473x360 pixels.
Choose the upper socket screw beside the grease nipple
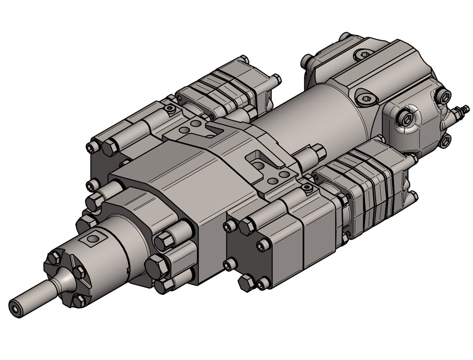[x=443, y=96]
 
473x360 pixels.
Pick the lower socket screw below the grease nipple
[x=444, y=140]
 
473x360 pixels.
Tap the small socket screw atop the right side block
[x=306, y=188]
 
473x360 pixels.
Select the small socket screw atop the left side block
[x=170, y=109]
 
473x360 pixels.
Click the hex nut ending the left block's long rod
[x=109, y=148]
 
